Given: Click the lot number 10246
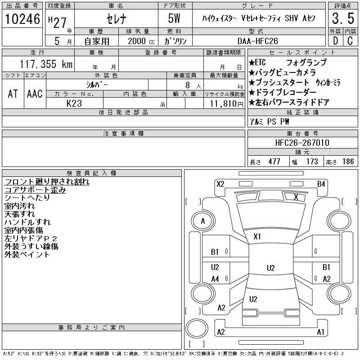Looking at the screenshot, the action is point(22,19).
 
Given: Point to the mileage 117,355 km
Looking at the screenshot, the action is point(46,64).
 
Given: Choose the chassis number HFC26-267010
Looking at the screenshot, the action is point(302,143).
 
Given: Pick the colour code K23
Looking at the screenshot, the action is point(74,103).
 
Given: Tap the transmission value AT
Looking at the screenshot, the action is point(13,94).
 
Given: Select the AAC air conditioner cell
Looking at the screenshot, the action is point(35,94).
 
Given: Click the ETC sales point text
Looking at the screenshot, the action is point(260,63).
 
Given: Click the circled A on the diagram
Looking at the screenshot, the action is point(203,221).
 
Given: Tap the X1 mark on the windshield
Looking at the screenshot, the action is point(257,236).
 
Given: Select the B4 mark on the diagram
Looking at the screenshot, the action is point(321,184).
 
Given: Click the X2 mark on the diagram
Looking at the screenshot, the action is point(220,184).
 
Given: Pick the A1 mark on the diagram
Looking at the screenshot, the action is point(321,332).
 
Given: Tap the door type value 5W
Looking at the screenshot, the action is point(175,19).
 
